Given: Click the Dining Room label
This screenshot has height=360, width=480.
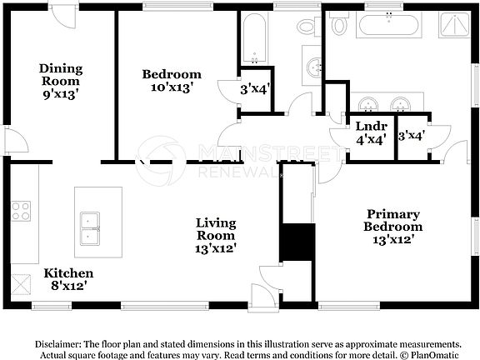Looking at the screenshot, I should (62, 75).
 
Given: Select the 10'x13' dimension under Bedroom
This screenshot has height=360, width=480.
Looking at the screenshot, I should (171, 87).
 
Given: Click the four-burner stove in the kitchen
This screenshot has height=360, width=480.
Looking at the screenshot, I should (21, 211).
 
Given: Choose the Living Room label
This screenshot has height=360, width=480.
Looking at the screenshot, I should (215, 229).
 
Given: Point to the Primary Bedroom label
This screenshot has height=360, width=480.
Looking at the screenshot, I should (392, 219).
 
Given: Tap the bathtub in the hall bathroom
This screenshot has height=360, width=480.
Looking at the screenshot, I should (252, 39).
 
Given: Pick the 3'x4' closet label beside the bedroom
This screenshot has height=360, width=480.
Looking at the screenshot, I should (255, 87).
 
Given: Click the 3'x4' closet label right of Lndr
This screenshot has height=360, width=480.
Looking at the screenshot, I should (412, 133).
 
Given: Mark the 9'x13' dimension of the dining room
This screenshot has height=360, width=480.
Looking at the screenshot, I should (62, 94).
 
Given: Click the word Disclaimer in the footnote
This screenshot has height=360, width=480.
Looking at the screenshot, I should (60, 343).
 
